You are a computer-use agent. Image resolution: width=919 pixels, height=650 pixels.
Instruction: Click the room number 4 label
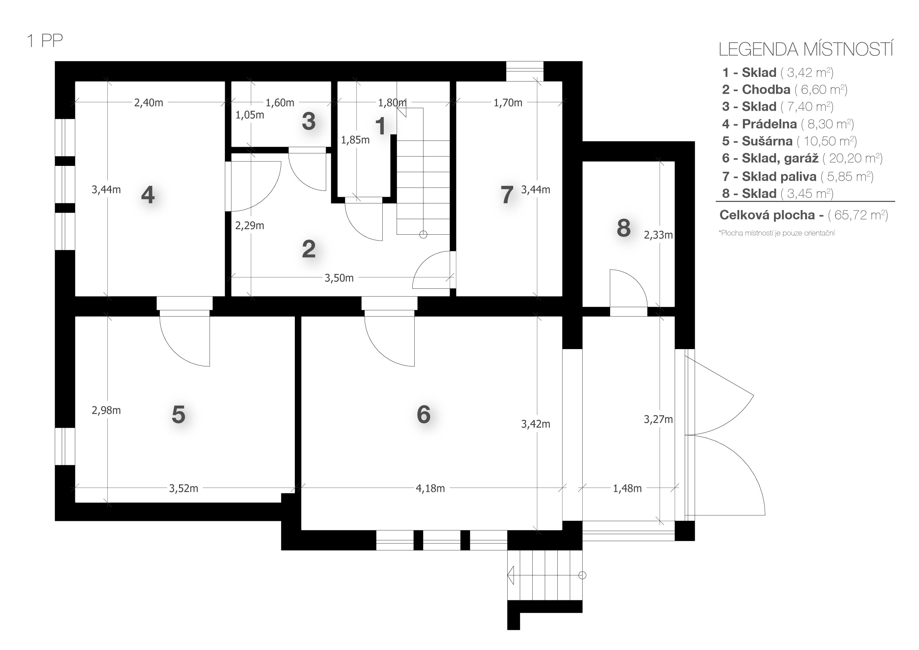click(x=148, y=195)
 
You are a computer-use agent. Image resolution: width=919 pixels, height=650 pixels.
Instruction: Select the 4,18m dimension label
click(x=430, y=488)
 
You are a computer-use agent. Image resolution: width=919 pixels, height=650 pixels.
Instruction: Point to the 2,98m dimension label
click(x=106, y=410)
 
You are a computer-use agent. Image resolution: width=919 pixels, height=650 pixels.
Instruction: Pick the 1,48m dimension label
click(x=627, y=488)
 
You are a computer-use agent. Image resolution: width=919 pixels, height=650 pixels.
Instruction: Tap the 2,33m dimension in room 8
click(x=658, y=235)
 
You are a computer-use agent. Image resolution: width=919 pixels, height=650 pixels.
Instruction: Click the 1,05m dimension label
click(x=250, y=115)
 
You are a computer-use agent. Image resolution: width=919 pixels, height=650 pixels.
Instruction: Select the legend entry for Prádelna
click(x=787, y=124)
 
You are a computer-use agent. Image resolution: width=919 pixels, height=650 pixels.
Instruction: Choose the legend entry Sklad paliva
click(x=797, y=176)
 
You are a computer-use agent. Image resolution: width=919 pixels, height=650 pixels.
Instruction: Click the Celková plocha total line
click(x=804, y=215)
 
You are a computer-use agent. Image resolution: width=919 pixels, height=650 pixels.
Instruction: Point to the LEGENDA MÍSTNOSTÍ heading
click(x=806, y=49)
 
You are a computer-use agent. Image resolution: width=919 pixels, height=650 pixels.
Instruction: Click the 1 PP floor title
click(x=45, y=41)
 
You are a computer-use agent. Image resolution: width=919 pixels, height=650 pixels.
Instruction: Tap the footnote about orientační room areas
click(x=776, y=233)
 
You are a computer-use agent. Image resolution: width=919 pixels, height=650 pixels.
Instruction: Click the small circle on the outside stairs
click(x=582, y=575)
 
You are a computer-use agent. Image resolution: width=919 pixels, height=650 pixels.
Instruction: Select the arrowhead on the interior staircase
click(x=401, y=108)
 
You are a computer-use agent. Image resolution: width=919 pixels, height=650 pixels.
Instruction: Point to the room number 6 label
click(x=423, y=414)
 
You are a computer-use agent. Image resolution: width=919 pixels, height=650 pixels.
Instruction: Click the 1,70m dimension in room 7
click(x=508, y=103)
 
